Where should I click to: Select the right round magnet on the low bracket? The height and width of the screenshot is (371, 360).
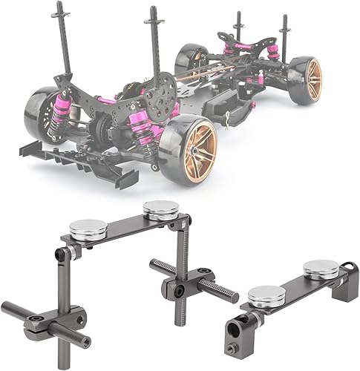point(321,268)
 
